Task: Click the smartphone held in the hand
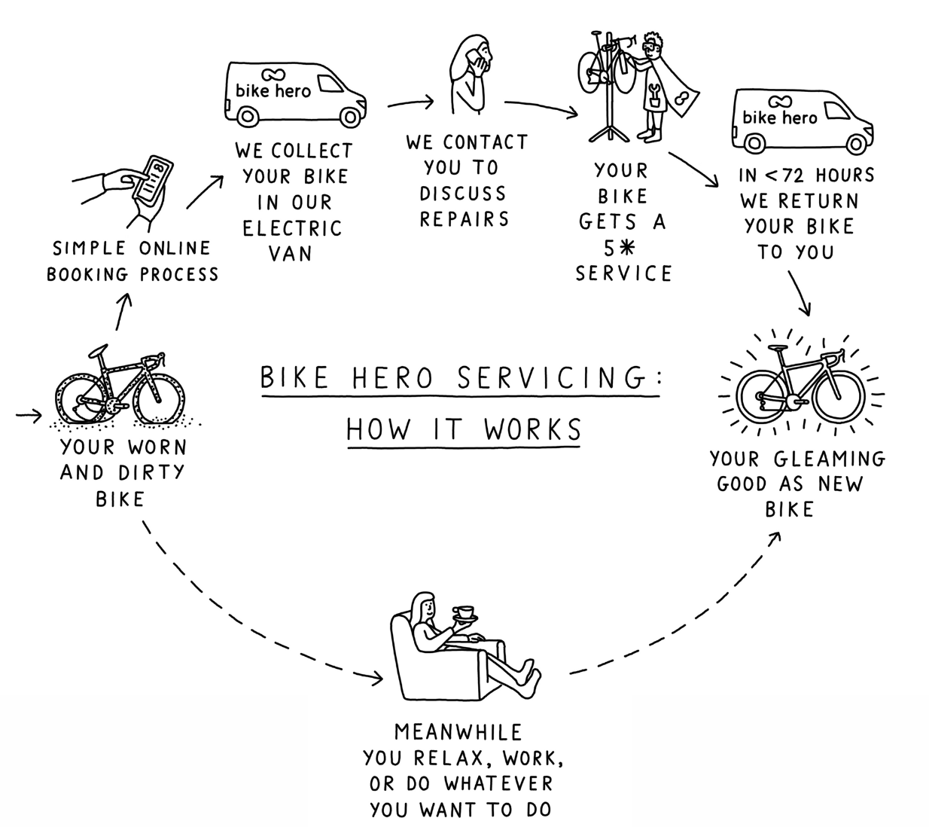pyautogui.click(x=158, y=179)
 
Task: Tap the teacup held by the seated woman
pyautogui.click(x=463, y=614)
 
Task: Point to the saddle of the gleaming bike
pyautogui.click(x=779, y=348)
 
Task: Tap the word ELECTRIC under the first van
pyautogui.click(x=292, y=227)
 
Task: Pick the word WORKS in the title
pyautogui.click(x=533, y=430)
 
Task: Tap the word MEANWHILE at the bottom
pyautogui.click(x=458, y=732)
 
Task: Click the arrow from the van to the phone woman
pyautogui.click(x=411, y=103)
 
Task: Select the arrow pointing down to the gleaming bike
pyautogui.click(x=800, y=293)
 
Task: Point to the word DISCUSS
pyautogui.click(x=463, y=194)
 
